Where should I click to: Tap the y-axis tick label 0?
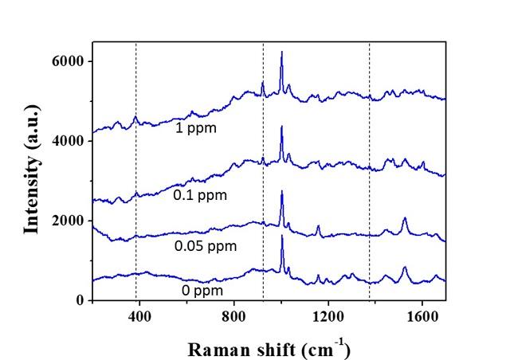coord(80,300)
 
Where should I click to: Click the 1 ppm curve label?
coord(196,127)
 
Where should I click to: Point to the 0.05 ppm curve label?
coord(206,246)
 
